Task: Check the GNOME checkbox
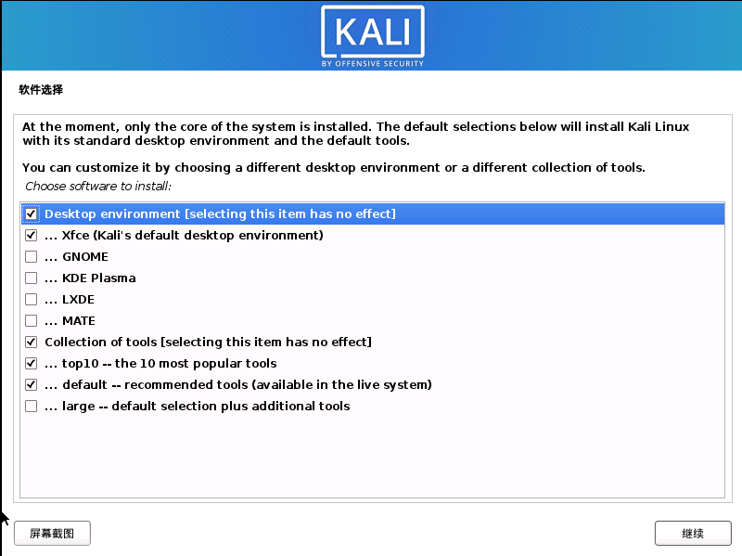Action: pyautogui.click(x=32, y=257)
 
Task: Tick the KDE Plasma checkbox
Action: pyautogui.click(x=32, y=278)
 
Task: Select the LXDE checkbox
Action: pyautogui.click(x=32, y=300)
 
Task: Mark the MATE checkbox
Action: pyautogui.click(x=32, y=321)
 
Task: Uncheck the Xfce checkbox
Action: pyautogui.click(x=32, y=236)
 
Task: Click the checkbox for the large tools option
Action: pyautogui.click(x=32, y=407)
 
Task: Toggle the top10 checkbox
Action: pyautogui.click(x=32, y=364)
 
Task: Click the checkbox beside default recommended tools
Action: pyautogui.click(x=32, y=385)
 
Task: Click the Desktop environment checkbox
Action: pyautogui.click(x=32, y=214)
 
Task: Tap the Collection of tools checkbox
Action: pyautogui.click(x=32, y=343)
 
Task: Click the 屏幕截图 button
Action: pyautogui.click(x=52, y=534)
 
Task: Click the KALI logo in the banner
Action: pyautogui.click(x=373, y=32)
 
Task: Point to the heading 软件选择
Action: pyautogui.click(x=41, y=91)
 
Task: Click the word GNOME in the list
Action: pyautogui.click(x=85, y=257)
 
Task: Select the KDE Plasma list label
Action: pyautogui.click(x=99, y=278)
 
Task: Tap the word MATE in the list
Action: pyautogui.click(x=79, y=321)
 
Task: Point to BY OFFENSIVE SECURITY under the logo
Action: pyautogui.click(x=373, y=63)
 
